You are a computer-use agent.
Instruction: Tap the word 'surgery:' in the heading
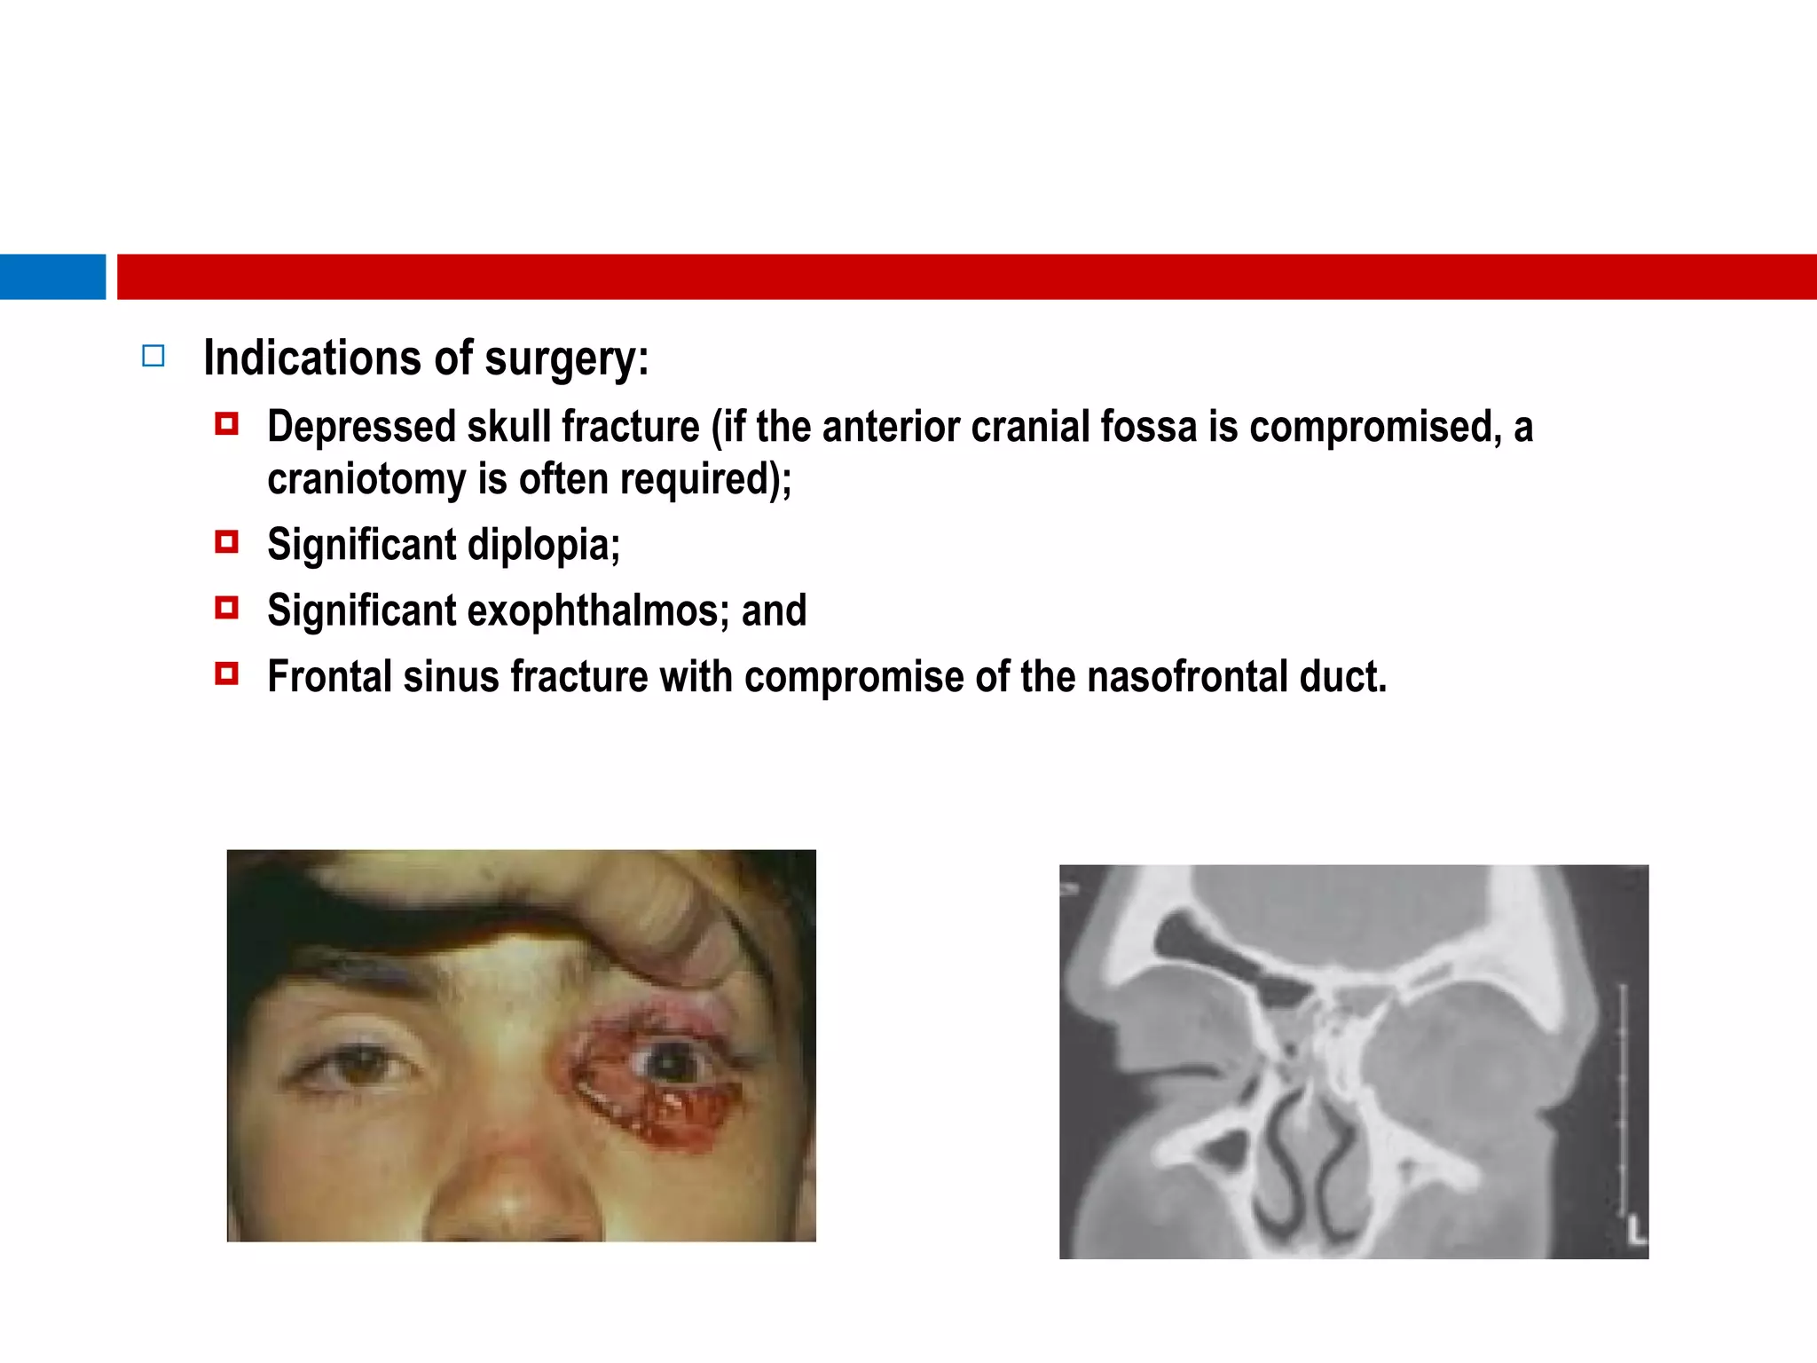point(567,359)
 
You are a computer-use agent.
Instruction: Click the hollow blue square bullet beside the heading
point(153,356)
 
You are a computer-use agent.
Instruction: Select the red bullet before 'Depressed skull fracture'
point(227,424)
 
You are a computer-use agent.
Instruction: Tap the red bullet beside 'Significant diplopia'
point(227,541)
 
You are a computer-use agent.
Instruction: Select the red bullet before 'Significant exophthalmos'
point(227,608)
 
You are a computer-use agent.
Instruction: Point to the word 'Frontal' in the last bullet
point(329,677)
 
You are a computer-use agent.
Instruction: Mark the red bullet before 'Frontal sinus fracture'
point(227,674)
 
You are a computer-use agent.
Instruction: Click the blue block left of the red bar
point(52,277)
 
